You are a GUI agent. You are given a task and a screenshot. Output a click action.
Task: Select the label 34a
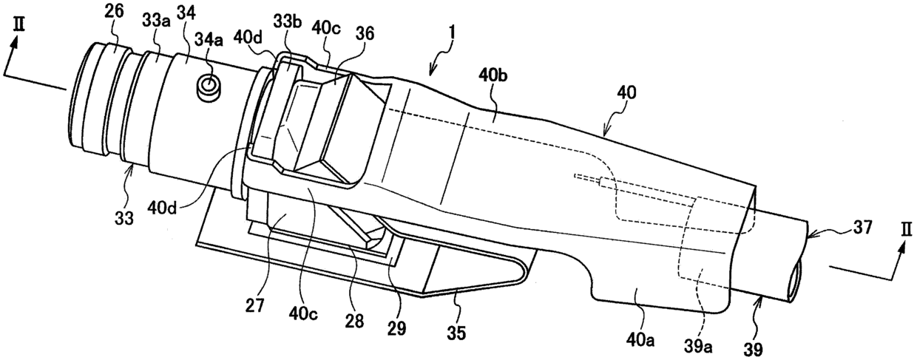coord(209,41)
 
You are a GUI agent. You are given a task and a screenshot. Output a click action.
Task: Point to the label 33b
coord(288,21)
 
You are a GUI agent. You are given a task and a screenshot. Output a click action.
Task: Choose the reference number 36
coord(365,34)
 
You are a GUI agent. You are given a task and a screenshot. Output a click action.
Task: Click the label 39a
coord(697,347)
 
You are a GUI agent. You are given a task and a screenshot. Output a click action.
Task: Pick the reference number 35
coord(456,333)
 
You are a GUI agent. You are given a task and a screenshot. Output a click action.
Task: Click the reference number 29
coord(396,327)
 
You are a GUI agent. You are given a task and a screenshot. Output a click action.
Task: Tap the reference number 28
coord(354,322)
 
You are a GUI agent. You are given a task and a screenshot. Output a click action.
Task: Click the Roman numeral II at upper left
coord(19,24)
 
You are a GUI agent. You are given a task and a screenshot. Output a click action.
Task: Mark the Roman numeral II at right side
coord(907,231)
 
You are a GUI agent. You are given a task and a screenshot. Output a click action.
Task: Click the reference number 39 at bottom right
coord(754,350)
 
